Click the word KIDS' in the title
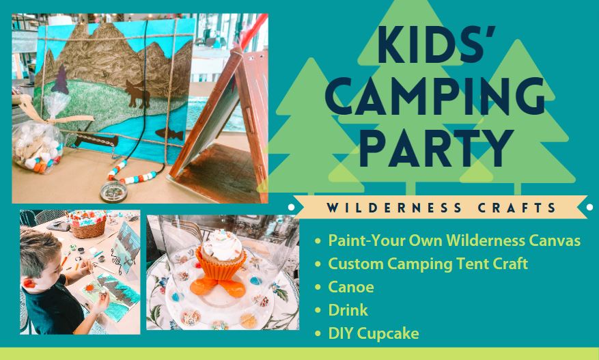436,44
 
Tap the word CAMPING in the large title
435,96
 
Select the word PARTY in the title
436,149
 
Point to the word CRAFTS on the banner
517,208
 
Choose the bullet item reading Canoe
350,287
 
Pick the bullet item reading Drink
348,310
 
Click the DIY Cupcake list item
373,333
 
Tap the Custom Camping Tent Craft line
428,264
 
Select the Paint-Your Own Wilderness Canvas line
454,240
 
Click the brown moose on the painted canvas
138,94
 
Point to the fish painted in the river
169,134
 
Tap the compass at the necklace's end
113,192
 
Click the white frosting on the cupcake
222,245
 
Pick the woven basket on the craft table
87,224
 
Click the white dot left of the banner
291,207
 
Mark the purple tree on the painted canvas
60,80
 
